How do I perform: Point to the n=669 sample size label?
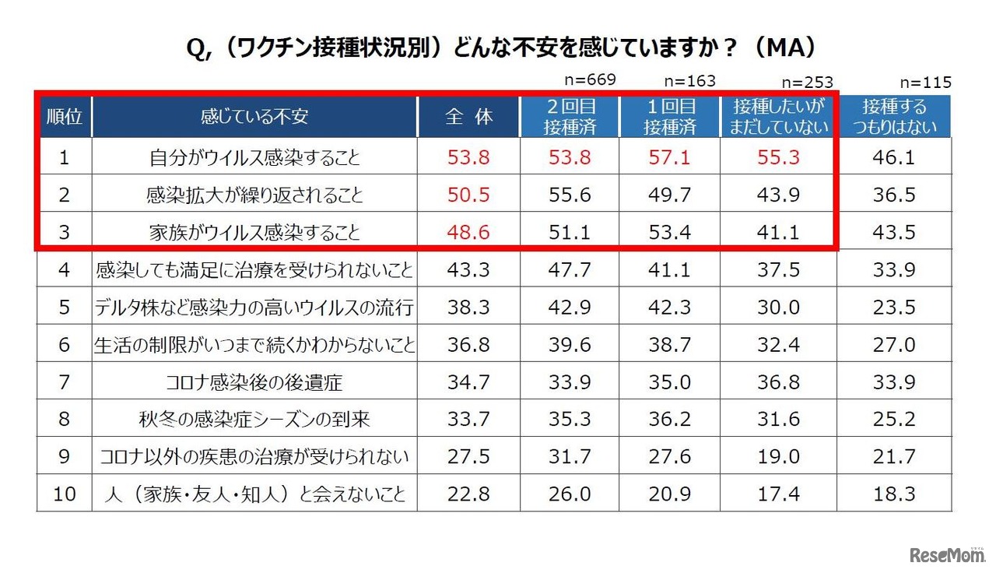(x=590, y=79)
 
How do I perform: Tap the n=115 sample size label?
(x=925, y=83)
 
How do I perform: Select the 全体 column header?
(x=468, y=117)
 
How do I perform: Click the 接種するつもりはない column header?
(x=894, y=117)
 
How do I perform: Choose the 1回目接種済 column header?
(x=669, y=117)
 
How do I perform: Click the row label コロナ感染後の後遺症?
(x=254, y=382)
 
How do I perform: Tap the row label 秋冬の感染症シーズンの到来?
(x=254, y=420)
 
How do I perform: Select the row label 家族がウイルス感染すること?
(x=254, y=232)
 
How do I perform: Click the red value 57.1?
(x=669, y=158)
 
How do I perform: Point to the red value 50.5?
(x=468, y=195)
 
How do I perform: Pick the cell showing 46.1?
(x=894, y=158)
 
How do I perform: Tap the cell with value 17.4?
(x=778, y=494)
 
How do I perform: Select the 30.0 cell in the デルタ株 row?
(x=778, y=308)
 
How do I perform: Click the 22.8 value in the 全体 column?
(x=468, y=494)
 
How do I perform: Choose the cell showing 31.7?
(x=570, y=457)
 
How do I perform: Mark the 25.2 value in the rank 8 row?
(x=894, y=420)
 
